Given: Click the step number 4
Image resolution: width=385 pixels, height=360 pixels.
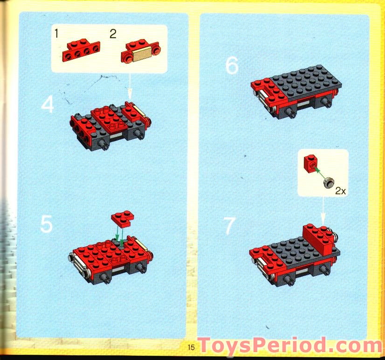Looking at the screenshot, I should (x=47, y=105).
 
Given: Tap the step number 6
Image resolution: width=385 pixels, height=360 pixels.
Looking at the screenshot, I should (x=232, y=66).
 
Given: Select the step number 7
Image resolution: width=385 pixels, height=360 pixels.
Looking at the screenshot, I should (x=229, y=226).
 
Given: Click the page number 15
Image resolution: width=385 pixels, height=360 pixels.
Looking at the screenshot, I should (x=191, y=347).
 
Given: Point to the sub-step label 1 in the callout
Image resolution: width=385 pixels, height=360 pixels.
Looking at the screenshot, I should (x=56, y=34).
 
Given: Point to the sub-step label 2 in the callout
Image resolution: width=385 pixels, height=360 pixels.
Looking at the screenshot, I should (x=112, y=34).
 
